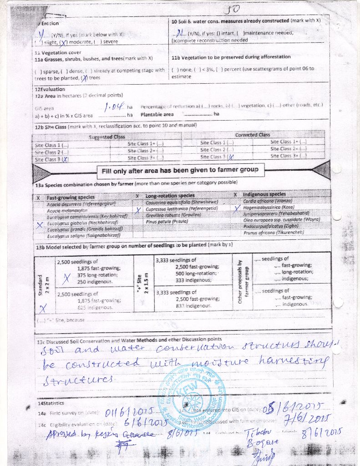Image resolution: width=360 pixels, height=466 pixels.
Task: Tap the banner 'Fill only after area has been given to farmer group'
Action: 180,170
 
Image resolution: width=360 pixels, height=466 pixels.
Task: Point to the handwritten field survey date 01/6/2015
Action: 123,412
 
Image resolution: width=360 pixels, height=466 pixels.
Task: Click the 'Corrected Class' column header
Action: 253,135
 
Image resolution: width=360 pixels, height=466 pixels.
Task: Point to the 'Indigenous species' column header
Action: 264,194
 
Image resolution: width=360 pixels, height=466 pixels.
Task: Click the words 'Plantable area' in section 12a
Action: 157,114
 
